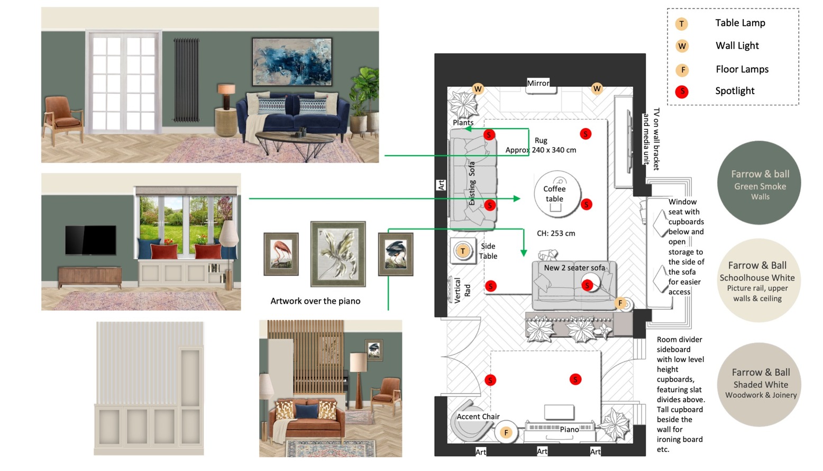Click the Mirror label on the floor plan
point(538,83)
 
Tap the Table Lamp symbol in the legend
point(682,24)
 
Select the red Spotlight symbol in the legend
point(682,91)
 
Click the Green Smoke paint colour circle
point(759,183)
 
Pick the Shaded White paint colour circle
point(760,385)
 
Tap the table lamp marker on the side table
point(463,251)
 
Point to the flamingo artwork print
point(281,254)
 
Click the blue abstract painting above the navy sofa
point(292,62)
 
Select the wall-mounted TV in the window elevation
point(91,240)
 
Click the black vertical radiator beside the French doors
point(186,80)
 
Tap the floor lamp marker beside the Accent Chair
point(506,433)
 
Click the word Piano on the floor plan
point(570,429)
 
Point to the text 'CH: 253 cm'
point(556,233)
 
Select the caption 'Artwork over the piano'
point(315,301)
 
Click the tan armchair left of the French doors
point(63,120)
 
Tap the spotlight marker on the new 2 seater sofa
point(587,285)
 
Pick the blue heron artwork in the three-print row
point(396,254)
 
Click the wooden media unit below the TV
point(89,277)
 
